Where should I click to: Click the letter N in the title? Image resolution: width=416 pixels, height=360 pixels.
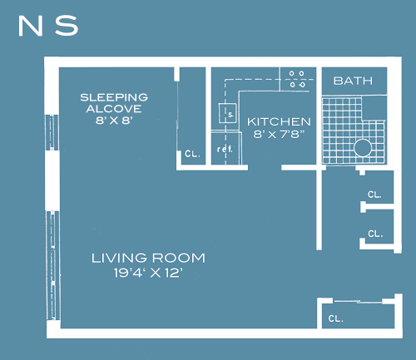click(30, 26)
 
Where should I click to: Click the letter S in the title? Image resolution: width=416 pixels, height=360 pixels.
click(67, 26)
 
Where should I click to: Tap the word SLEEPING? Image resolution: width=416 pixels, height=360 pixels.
click(114, 97)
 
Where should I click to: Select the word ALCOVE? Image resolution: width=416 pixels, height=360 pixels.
click(114, 109)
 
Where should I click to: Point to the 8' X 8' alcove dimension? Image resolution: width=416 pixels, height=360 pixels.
click(114, 121)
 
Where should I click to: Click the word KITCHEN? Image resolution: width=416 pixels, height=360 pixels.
click(279, 122)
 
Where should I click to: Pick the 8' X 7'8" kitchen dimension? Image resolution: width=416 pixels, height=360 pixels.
click(279, 134)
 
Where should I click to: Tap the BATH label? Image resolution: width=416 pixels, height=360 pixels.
click(353, 81)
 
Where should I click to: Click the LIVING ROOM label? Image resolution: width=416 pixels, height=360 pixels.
click(148, 258)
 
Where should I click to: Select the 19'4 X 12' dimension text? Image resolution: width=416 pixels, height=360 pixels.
click(148, 273)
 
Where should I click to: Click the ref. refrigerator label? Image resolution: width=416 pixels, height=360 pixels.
click(225, 149)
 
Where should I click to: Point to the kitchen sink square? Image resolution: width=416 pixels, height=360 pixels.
click(228, 113)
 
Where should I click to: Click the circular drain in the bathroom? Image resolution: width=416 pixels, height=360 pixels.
click(363, 148)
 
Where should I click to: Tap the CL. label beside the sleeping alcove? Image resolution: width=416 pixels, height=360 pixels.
click(192, 154)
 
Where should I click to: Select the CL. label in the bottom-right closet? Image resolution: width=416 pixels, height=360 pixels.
click(336, 318)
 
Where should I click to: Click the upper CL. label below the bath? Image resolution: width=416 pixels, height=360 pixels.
click(374, 195)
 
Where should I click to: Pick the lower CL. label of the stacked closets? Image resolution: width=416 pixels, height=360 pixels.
click(375, 234)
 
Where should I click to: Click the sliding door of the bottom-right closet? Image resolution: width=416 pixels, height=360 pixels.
click(358, 302)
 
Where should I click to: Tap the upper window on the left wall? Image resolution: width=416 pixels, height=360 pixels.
click(52, 132)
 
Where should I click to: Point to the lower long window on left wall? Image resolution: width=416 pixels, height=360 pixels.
click(52, 265)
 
